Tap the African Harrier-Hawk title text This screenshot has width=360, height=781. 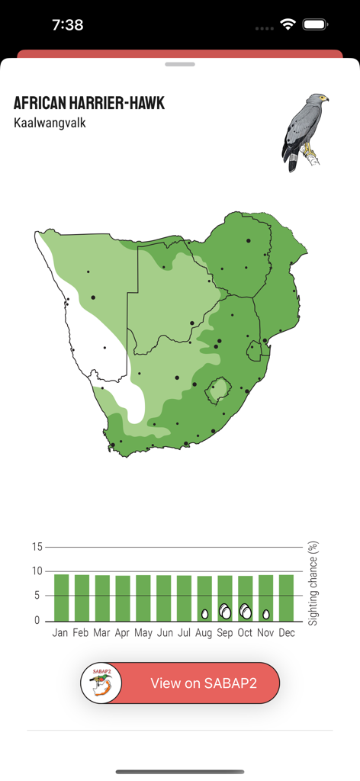click(x=89, y=104)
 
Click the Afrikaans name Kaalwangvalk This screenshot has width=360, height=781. click(x=50, y=122)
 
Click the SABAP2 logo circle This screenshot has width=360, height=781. click(x=101, y=683)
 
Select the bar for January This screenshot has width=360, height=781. click(x=62, y=597)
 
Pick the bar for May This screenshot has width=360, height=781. click(x=143, y=597)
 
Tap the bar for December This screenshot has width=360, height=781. click(x=286, y=597)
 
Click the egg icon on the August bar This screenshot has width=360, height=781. click(x=204, y=613)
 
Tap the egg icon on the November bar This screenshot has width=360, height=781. click(x=266, y=613)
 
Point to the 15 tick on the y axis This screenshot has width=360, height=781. click(x=37, y=547)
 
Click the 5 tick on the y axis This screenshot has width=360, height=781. click(x=37, y=596)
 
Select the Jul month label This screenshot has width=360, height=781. click(x=184, y=633)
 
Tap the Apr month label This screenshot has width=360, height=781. click(x=123, y=633)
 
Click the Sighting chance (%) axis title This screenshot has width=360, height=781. click(x=313, y=583)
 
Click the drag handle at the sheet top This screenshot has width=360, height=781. click(x=180, y=64)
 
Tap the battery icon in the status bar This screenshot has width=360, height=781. click(x=315, y=24)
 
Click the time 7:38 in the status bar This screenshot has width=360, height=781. click(x=68, y=24)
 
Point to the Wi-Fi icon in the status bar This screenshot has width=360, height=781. click(x=288, y=24)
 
